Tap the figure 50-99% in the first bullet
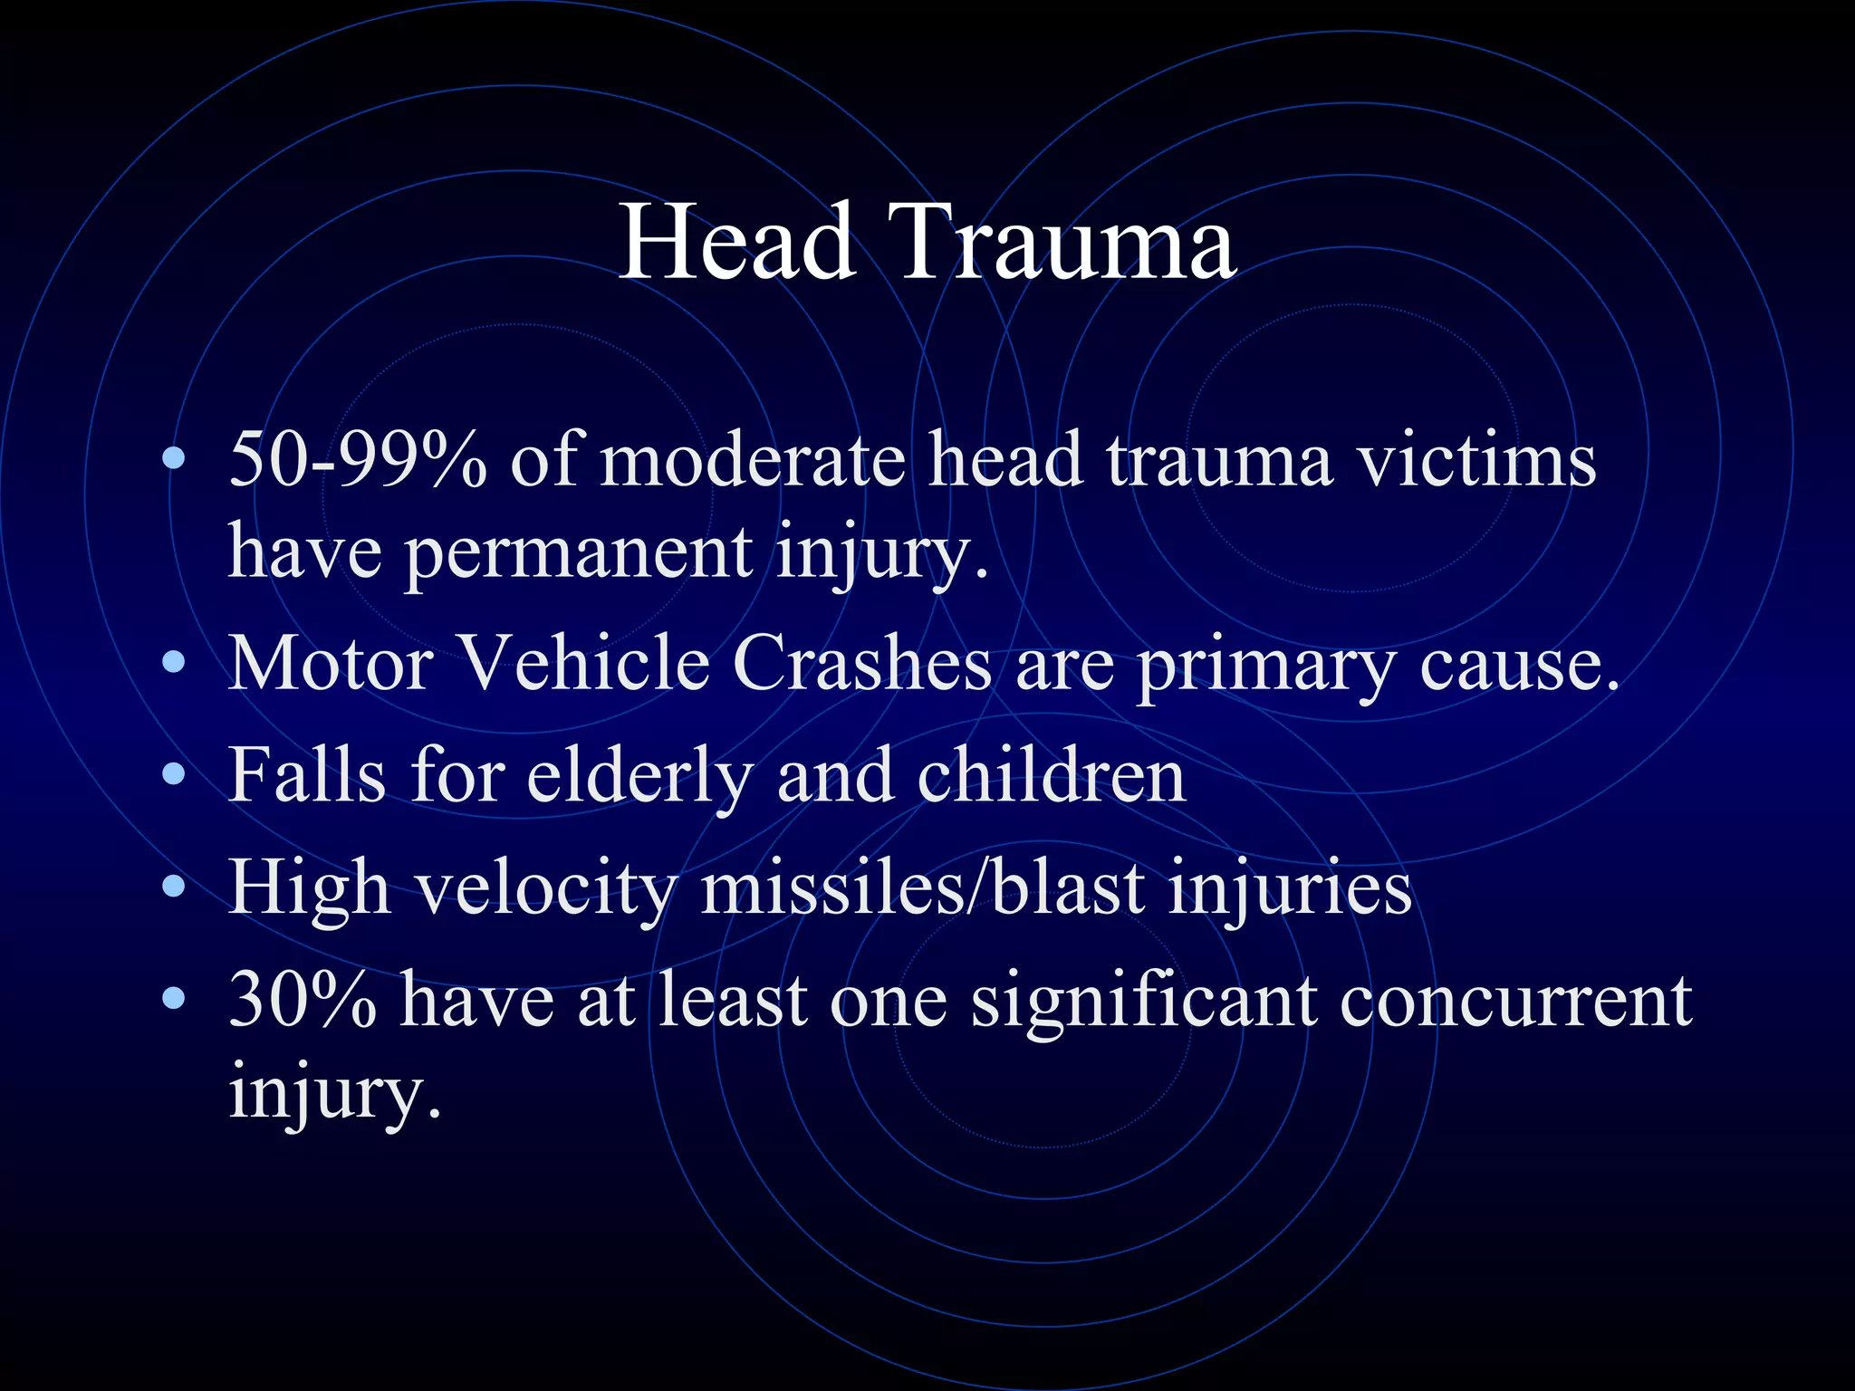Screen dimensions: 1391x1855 [x=358, y=460]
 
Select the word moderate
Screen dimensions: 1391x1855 [x=753, y=460]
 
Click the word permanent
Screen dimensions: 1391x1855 [x=579, y=552]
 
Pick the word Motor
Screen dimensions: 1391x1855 [x=331, y=664]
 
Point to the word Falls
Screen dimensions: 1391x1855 [x=307, y=775]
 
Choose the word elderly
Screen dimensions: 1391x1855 [x=639, y=777]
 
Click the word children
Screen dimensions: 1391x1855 [x=1051, y=775]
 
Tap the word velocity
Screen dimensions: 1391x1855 [x=546, y=888]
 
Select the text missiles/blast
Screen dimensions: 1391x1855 [x=922, y=887]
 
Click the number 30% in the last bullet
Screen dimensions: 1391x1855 [x=303, y=1000]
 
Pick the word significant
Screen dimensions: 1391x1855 [x=1144, y=1002]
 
